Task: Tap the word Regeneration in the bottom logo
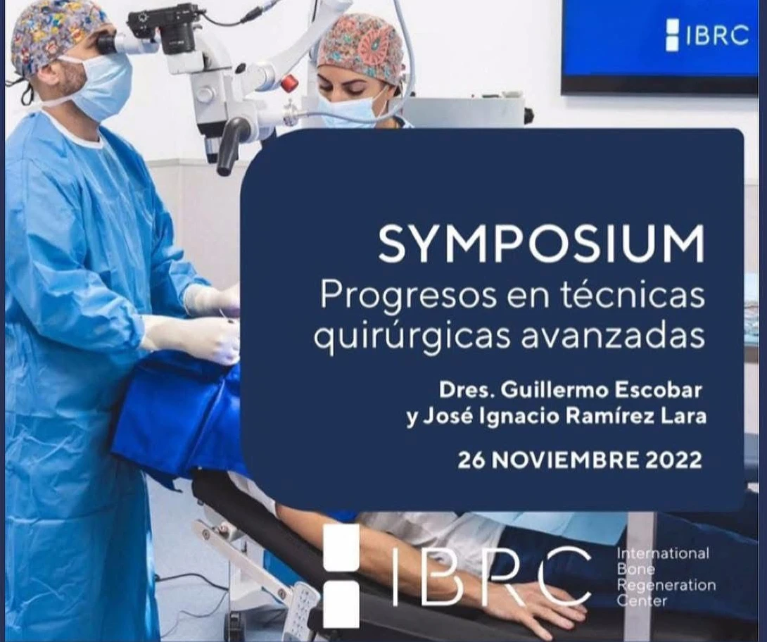coord(666,585)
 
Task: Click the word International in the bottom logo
coord(663,553)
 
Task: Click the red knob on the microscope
coord(290,82)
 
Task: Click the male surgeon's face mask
coord(102,87)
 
